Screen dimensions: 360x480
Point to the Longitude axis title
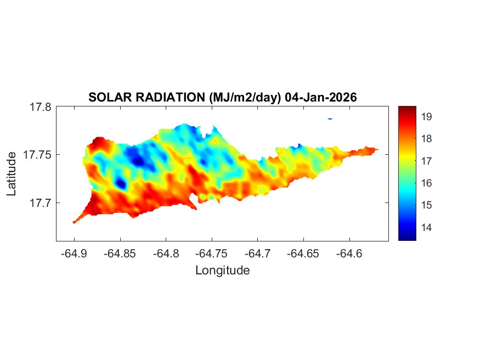[222, 270]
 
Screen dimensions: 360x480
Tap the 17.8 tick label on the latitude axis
[40, 108]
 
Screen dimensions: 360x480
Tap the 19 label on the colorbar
[427, 116]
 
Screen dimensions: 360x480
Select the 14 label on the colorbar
[427, 227]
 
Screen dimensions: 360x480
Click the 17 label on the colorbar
[427, 161]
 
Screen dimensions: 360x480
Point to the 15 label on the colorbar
[427, 205]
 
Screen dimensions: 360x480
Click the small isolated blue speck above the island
[330, 118]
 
